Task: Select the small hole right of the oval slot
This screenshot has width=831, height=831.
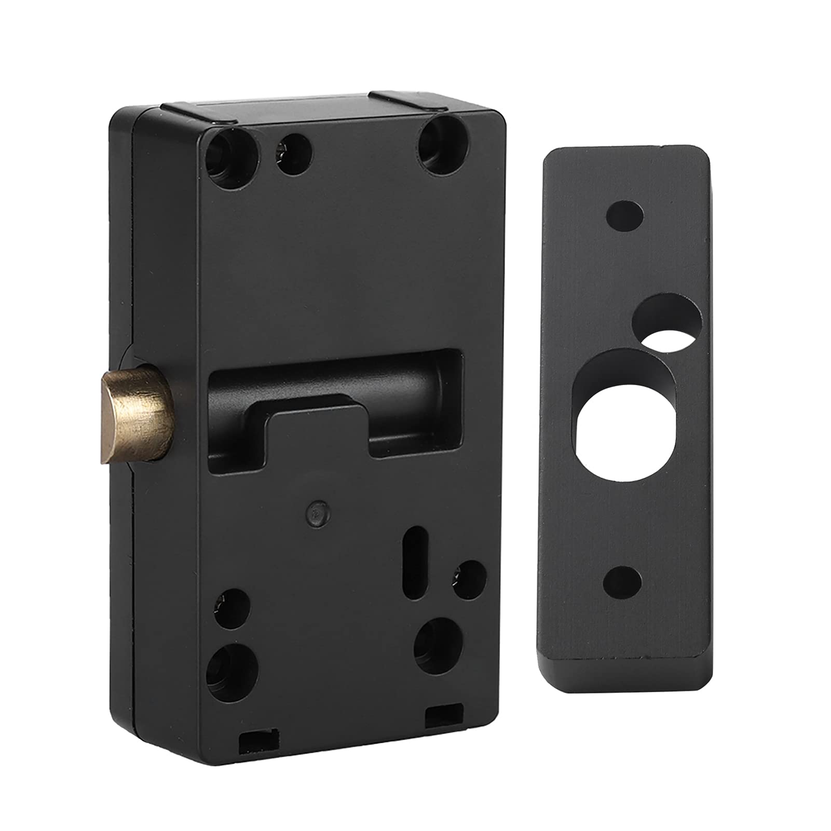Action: [x=469, y=578]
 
